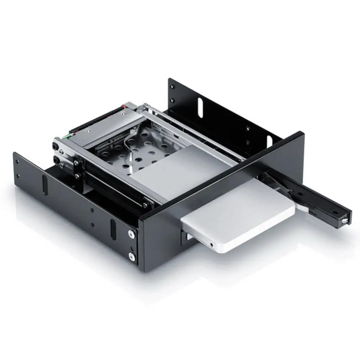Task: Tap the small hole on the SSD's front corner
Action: tap(211, 245)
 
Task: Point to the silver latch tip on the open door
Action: tap(345, 219)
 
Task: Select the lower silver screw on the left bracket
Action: tap(132, 256)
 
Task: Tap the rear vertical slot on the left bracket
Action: tap(45, 184)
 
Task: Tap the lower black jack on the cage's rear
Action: tap(56, 158)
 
